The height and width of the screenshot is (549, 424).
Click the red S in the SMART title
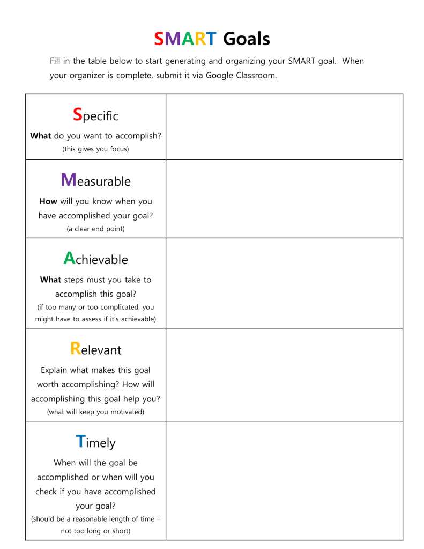[x=159, y=39]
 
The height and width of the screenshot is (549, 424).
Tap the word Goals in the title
[x=246, y=39]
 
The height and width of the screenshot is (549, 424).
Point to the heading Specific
[x=95, y=115]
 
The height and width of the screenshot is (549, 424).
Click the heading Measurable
[x=95, y=180]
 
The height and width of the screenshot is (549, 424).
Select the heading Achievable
[x=95, y=259]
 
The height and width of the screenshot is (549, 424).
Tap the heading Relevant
[x=95, y=349]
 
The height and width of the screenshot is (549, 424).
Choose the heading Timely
[x=95, y=442]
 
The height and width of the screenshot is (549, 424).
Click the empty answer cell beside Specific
[x=284, y=127]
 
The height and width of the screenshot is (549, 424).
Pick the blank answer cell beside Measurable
[x=284, y=199]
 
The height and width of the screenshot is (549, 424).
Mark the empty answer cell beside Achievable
[x=284, y=283]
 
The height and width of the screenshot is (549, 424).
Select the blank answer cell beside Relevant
[x=284, y=375]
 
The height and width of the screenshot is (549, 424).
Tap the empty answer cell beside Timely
[x=284, y=480]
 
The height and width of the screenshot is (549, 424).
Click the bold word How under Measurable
[x=48, y=201]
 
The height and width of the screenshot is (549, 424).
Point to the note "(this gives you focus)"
[x=95, y=149]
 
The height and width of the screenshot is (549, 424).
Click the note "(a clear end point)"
[x=95, y=229]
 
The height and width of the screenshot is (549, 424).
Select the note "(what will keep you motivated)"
[x=95, y=412]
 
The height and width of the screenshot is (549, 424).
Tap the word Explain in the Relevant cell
[x=56, y=370]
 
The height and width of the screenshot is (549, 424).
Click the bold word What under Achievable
[x=50, y=280]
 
